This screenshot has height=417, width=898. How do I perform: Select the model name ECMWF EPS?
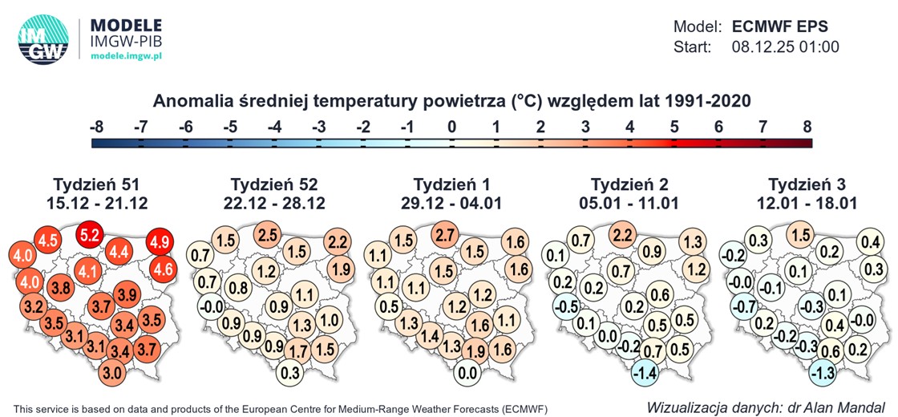pos(782,26)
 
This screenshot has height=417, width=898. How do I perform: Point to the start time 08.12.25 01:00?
pos(785,47)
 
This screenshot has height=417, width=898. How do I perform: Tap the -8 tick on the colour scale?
pos(96,126)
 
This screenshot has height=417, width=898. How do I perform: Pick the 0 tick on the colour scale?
pos(452,126)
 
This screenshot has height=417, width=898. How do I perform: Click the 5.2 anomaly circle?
pos(90,236)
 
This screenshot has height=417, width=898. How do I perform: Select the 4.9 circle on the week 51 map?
pos(159,241)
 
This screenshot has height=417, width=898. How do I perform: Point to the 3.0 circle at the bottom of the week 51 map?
pos(113,373)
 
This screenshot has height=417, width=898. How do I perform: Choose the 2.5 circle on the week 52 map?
pos(269,236)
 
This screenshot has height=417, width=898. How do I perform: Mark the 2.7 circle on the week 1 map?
pos(447,236)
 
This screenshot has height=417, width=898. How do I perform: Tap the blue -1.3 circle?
pos(822,373)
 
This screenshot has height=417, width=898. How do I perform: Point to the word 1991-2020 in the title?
pos(701,101)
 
